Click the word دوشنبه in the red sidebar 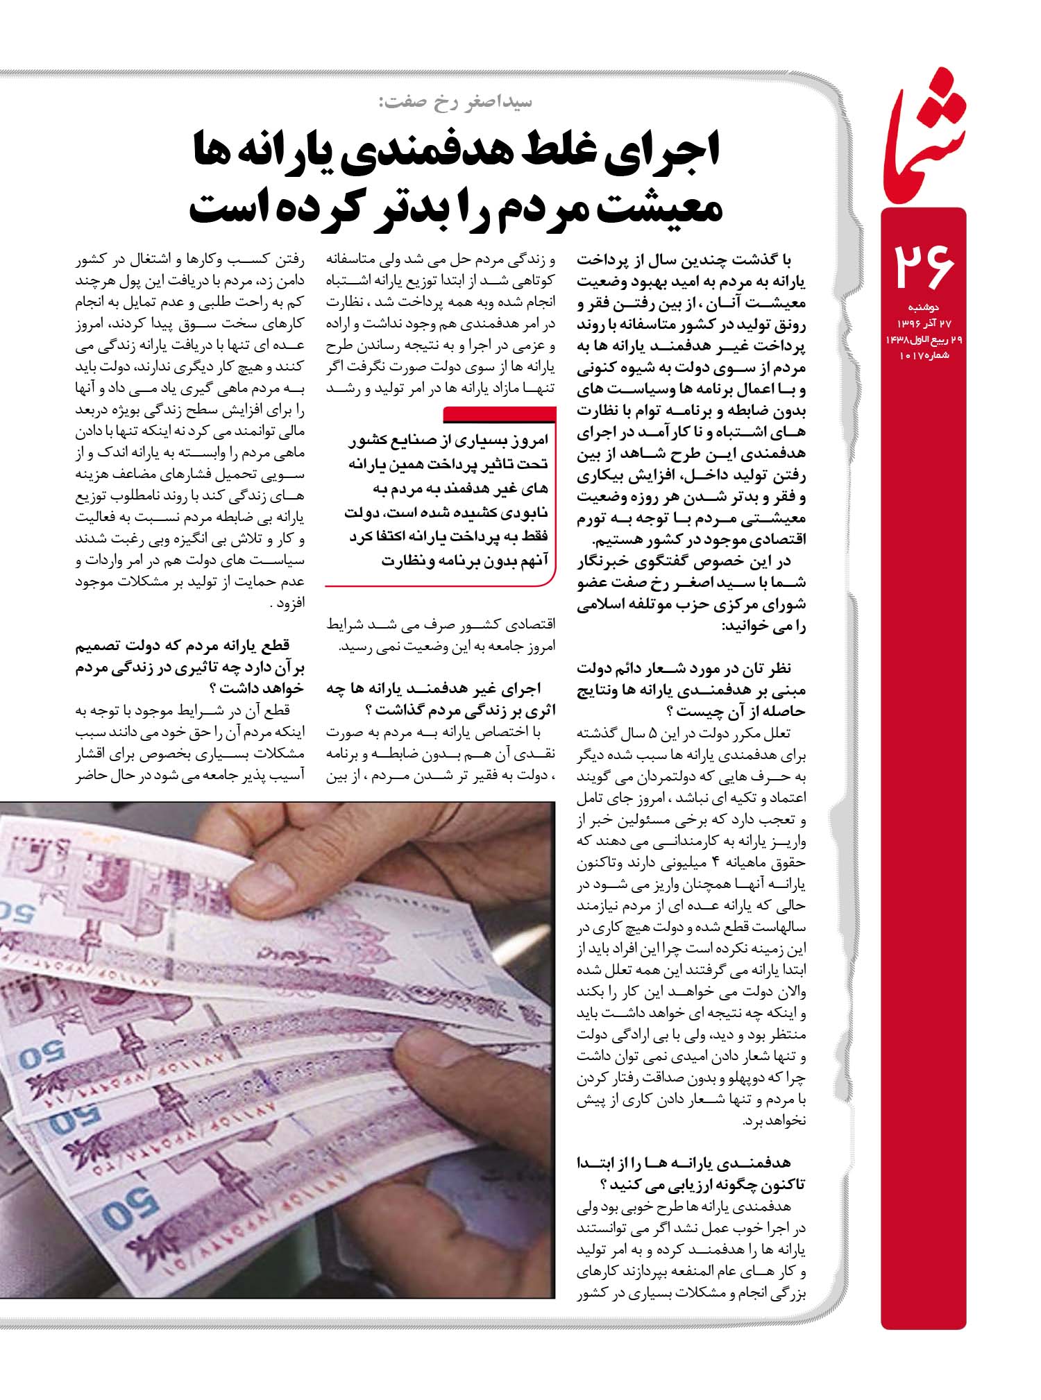tap(922, 307)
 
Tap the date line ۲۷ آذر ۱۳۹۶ tap(923, 323)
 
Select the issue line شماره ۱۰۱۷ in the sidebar tap(924, 356)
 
